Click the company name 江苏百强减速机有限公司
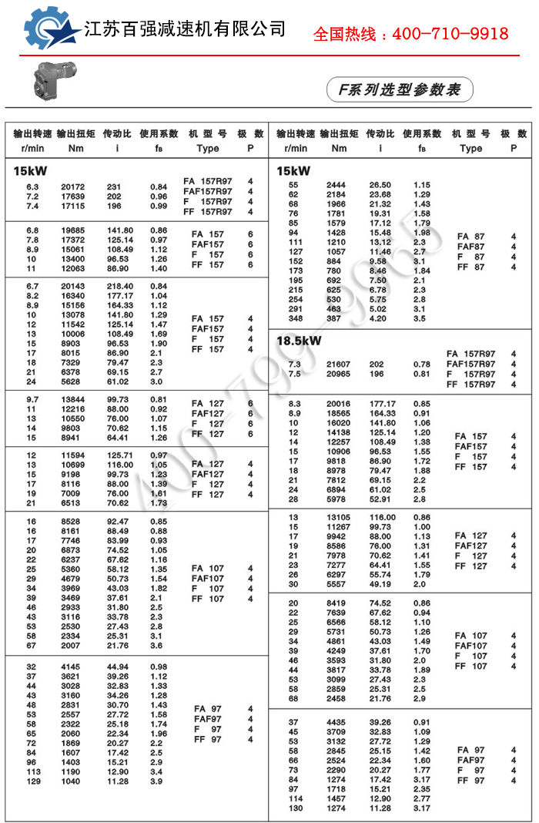pos(184,30)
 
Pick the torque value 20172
pos(72,186)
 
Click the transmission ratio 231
pos(114,186)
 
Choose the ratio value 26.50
pos(380,185)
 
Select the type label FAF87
pos(471,247)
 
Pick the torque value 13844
pos(72,398)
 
